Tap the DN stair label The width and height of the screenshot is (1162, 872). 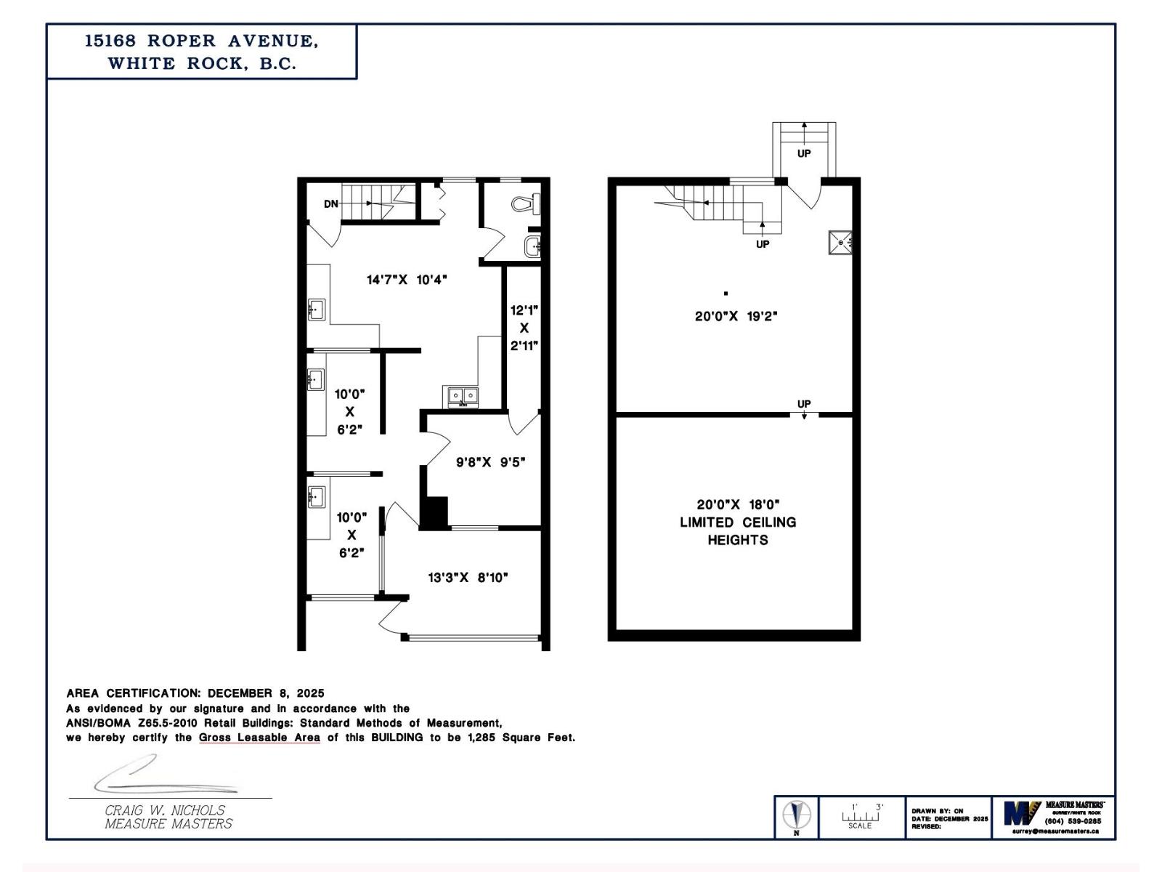[331, 204]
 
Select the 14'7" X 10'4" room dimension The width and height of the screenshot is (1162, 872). [407, 280]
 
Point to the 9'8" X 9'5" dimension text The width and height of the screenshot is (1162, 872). [490, 462]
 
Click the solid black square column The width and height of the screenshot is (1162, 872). [435, 512]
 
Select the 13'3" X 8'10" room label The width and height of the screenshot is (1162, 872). [468, 578]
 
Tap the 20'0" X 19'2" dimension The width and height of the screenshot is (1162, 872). [736, 316]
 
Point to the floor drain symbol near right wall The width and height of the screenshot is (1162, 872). [841, 242]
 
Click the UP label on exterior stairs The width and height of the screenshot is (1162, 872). [804, 153]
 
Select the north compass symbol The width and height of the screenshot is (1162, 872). [797, 815]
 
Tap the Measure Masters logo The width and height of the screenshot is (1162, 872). [1023, 813]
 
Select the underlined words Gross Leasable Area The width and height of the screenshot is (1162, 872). [259, 738]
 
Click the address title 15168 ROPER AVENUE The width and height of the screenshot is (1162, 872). [201, 41]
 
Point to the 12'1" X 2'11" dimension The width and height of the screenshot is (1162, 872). [524, 328]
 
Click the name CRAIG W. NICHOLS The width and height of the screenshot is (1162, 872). [165, 810]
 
